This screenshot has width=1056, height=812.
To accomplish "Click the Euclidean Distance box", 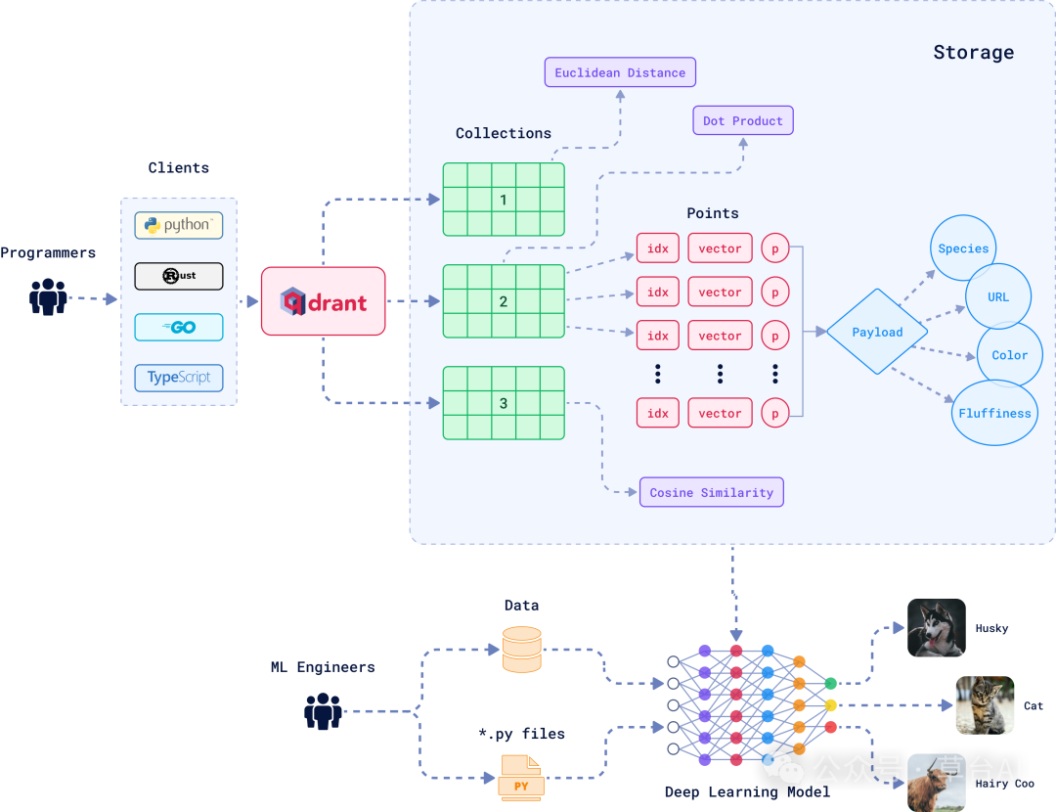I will tap(620, 72).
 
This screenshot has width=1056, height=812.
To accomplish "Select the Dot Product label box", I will tap(743, 120).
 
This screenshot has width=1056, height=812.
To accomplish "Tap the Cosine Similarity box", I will tap(711, 492).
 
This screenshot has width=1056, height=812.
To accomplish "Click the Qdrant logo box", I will tap(324, 301).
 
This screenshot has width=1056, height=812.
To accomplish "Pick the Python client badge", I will tap(179, 225).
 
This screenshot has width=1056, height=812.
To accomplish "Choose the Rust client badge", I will tap(179, 276).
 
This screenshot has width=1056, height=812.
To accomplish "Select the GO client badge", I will tap(179, 327).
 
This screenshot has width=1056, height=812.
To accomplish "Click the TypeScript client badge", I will tap(179, 378).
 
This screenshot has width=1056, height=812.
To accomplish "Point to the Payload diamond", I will tap(877, 332).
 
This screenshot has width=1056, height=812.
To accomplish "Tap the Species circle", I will tap(963, 248).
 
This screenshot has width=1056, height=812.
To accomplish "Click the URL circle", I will tap(998, 296).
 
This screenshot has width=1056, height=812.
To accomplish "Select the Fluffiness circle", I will tap(994, 413).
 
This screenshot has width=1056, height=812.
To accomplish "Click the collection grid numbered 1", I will tap(504, 200).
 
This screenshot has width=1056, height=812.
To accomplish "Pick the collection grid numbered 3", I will tap(504, 403).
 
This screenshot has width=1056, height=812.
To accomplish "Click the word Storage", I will tap(973, 53).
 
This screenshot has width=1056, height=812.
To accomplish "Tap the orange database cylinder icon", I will tap(521, 650).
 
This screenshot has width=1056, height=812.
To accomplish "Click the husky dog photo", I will tap(936, 628).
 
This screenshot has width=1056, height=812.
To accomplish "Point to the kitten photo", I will tap(985, 705).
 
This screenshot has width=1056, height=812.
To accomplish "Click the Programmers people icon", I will tap(48, 296).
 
